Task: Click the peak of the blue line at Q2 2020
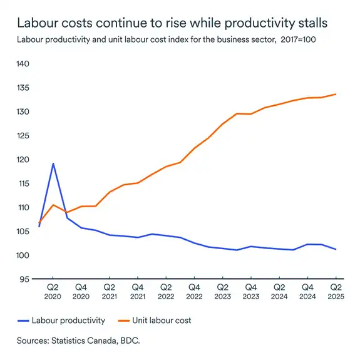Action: click(53, 163)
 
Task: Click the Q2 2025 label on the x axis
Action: click(336, 291)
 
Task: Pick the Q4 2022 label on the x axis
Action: click(194, 291)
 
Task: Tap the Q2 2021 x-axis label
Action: click(110, 291)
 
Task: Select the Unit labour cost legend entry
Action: click(161, 321)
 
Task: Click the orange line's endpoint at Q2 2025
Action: click(336, 94)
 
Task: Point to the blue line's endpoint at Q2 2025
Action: click(336, 249)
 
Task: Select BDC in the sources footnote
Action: click(130, 341)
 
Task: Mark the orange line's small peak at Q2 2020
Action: click(53, 205)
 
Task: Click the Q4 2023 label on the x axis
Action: click(250, 291)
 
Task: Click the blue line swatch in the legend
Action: click(26, 321)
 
